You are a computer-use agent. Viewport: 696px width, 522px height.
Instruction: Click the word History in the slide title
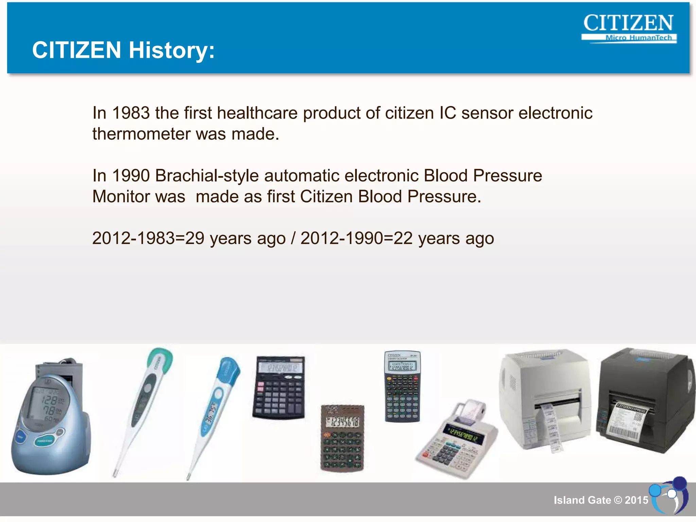pyautogui.click(x=172, y=50)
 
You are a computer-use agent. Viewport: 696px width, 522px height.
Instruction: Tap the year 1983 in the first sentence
pyautogui.click(x=131, y=113)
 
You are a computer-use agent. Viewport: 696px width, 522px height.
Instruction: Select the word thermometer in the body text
pyautogui.click(x=141, y=134)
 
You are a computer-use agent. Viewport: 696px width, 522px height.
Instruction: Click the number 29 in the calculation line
pyautogui.click(x=195, y=238)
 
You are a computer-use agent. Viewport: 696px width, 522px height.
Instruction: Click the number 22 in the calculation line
pyautogui.click(x=403, y=238)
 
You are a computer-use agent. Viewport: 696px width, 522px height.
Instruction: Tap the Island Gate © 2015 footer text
pyautogui.click(x=601, y=500)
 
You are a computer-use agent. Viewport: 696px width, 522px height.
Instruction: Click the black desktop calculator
pyautogui.click(x=279, y=387)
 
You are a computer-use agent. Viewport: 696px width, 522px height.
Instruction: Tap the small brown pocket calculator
pyautogui.click(x=342, y=438)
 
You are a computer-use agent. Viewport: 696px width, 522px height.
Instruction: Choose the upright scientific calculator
pyautogui.click(x=402, y=387)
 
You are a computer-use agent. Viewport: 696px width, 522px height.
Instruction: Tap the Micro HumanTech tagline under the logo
pyautogui.click(x=639, y=38)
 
